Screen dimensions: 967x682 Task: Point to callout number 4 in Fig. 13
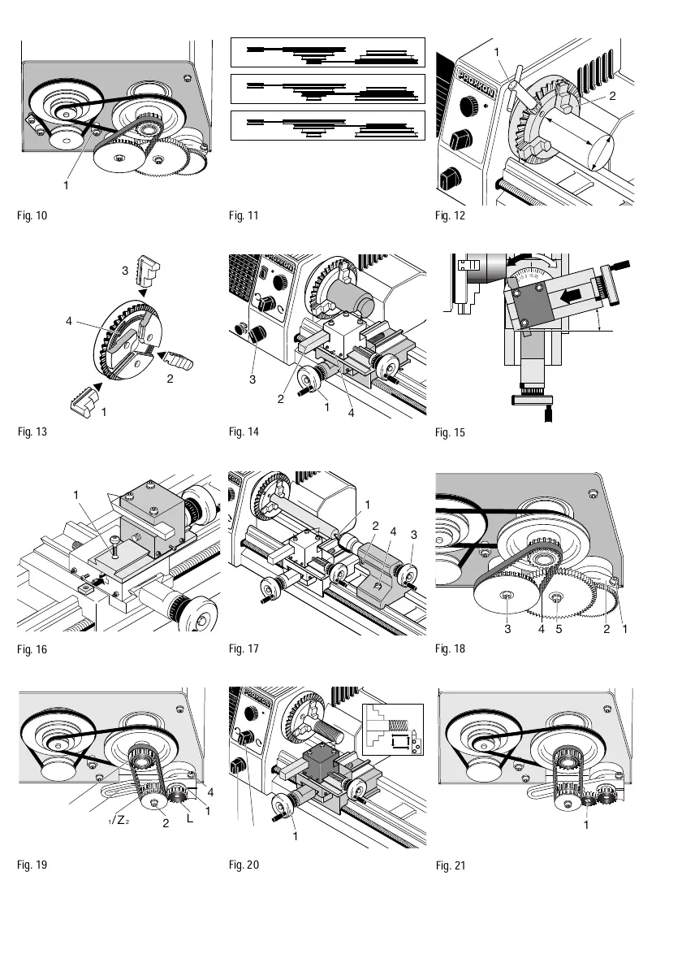(71, 321)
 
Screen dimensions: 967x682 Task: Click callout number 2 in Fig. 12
(612, 96)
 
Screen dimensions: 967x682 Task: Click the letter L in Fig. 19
(189, 821)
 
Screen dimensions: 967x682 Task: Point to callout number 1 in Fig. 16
(76, 494)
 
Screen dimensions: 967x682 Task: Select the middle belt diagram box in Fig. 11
(328, 89)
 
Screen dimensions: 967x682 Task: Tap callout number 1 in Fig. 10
(67, 184)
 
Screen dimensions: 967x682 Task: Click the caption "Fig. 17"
(244, 648)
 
